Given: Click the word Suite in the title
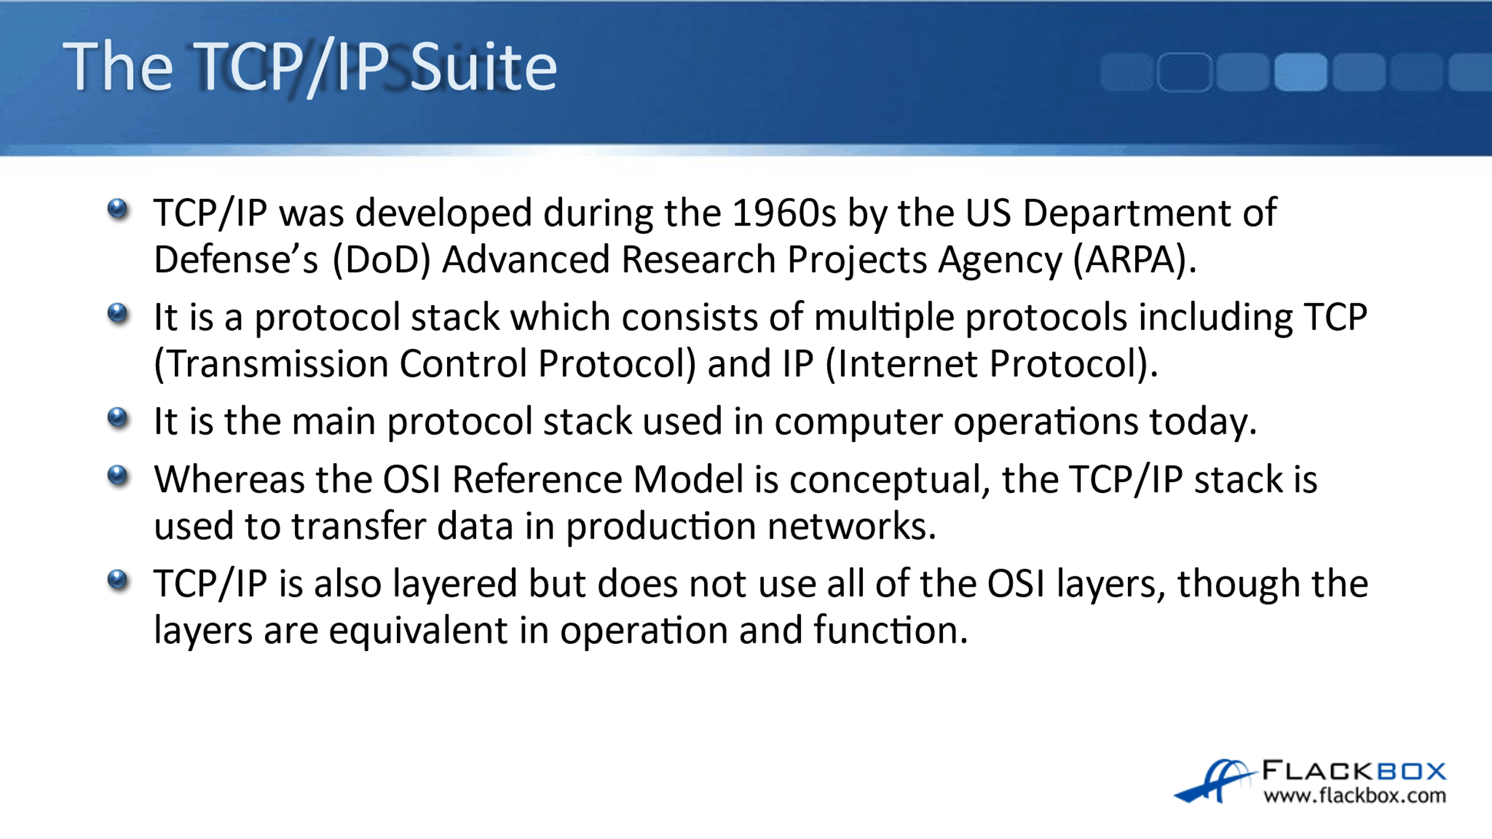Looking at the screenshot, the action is pos(483,67).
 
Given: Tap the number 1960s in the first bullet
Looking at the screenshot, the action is pos(784,212).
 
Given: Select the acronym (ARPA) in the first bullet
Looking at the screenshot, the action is pos(1135,260).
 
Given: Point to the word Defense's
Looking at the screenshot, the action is pos(236,260).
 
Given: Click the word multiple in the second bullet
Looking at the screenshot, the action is pos(884,317).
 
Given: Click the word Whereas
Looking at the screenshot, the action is pos(229,479).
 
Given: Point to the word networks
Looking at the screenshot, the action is pos(851,526).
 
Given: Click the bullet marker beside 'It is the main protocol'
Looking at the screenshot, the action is pos(118,418).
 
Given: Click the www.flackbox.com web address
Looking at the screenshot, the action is pos(1355,795).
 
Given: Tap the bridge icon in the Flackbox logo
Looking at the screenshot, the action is pos(1214,781).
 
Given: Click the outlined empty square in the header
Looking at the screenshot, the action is pos(1185,72).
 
